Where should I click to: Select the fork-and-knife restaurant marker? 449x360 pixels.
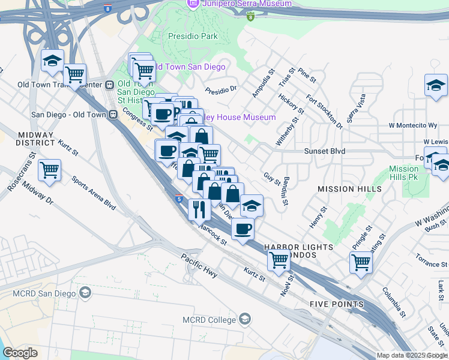(198, 209)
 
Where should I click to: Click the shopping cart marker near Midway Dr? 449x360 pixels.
(49, 170)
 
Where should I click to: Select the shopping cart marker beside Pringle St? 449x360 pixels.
(361, 262)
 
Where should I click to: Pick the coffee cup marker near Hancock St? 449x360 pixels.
(243, 229)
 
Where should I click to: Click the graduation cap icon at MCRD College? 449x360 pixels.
(245, 319)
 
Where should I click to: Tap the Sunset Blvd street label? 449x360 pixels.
(324, 151)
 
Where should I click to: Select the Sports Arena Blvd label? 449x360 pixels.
(93, 192)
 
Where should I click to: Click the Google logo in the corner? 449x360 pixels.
(20, 353)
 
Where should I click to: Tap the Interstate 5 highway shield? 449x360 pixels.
(179, 198)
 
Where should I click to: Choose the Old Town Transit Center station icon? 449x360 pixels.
(110, 85)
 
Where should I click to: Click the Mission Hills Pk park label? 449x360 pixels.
(403, 173)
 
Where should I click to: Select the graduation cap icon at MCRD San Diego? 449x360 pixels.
(85, 293)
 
